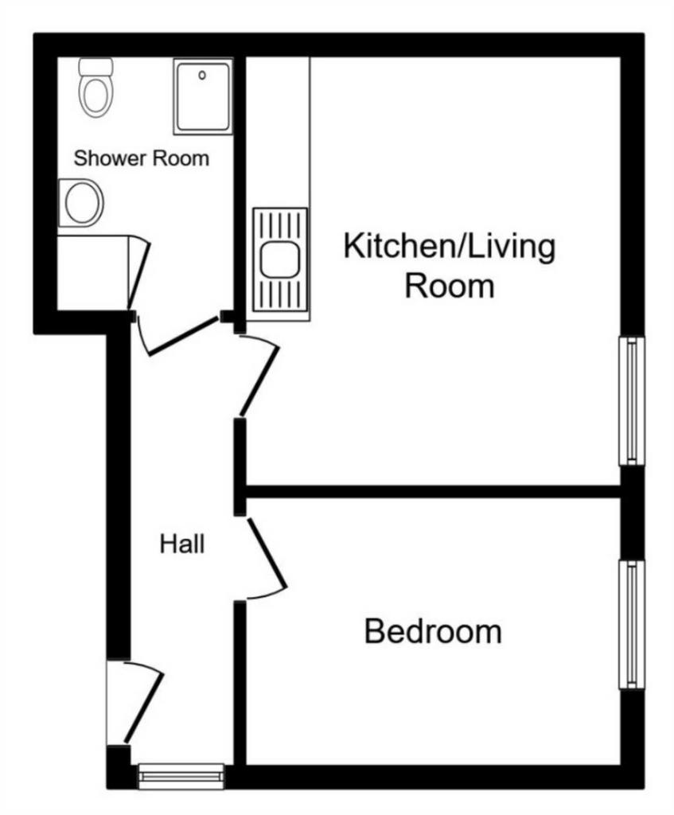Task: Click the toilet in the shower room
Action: click(x=95, y=88)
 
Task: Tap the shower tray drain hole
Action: click(x=202, y=76)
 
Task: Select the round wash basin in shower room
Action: click(x=83, y=203)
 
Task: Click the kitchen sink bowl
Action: click(x=280, y=260)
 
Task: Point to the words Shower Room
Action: click(x=142, y=158)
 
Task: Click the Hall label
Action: click(x=182, y=544)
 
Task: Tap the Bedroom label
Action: click(x=433, y=631)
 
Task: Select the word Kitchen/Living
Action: click(x=450, y=247)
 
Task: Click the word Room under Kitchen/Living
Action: click(x=450, y=286)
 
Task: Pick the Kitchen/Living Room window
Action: click(x=632, y=401)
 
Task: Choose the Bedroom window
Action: click(x=632, y=624)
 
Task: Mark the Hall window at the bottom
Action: click(x=181, y=777)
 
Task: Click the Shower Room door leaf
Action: click(x=184, y=336)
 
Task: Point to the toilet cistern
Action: click(x=95, y=67)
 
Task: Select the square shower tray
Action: click(x=203, y=96)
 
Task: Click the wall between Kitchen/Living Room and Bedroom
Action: click(x=433, y=492)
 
